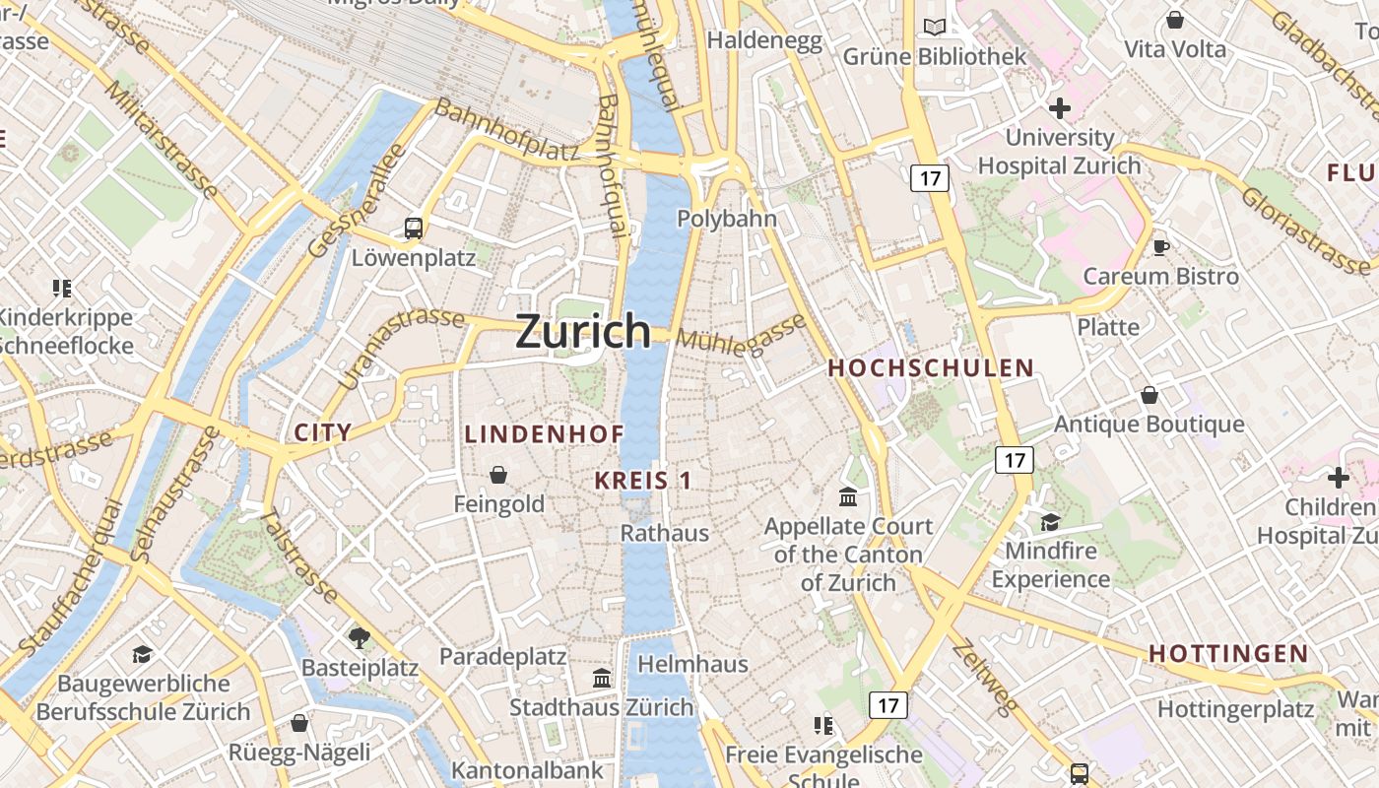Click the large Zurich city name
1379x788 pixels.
tap(583, 331)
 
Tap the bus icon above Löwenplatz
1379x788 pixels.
tap(414, 229)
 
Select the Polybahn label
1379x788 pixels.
tap(727, 219)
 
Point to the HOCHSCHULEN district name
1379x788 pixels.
tap(931, 368)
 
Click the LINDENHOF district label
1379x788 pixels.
tap(544, 434)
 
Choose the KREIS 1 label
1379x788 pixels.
tap(643, 481)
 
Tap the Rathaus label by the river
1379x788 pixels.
tap(665, 533)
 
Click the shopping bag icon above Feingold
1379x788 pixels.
tap(499, 475)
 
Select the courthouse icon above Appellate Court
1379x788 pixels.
tap(848, 496)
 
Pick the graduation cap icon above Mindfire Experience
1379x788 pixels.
tap(1050, 521)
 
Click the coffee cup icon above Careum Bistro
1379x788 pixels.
tap(1161, 247)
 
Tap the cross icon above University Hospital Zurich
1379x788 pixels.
tap(1060, 108)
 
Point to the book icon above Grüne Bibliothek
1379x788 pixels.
tap(934, 28)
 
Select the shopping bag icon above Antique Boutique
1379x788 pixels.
tap(1149, 395)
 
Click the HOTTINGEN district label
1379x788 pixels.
tap(1228, 653)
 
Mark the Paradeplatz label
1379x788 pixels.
tap(502, 657)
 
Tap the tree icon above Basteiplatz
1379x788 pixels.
tap(360, 637)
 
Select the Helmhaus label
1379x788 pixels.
tap(693, 664)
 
